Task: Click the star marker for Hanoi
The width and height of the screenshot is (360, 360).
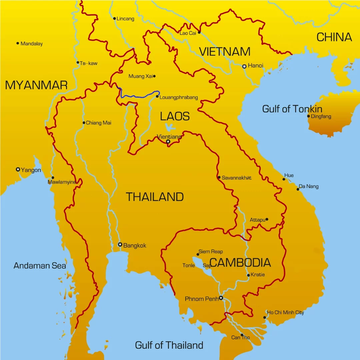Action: (244, 66)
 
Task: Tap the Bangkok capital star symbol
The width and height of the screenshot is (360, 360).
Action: (120, 245)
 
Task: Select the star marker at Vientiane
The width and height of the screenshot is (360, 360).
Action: (168, 142)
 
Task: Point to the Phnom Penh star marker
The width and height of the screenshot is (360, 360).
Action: (221, 298)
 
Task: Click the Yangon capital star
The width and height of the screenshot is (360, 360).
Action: (18, 169)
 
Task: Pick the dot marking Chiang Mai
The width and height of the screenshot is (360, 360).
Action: (84, 123)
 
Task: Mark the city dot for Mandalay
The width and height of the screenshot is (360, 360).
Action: (18, 43)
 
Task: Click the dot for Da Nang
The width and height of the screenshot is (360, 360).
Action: (298, 189)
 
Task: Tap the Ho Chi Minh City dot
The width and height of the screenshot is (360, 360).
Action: (265, 317)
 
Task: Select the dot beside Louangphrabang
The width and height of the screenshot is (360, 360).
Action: (157, 97)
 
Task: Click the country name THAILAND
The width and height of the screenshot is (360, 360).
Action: (155, 197)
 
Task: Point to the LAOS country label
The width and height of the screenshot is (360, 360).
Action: (175, 116)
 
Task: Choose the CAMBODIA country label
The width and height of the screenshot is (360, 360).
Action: (240, 263)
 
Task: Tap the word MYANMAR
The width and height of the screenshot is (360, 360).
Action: (36, 85)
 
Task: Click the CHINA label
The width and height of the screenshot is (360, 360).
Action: (334, 37)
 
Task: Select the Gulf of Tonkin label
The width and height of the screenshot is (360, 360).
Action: (292, 109)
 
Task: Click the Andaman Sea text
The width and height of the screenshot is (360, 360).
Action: (40, 266)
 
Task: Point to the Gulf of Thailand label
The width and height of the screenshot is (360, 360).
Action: (169, 345)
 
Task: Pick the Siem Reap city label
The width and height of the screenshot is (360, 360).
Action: (211, 252)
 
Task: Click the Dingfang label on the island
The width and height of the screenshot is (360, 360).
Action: (321, 116)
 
